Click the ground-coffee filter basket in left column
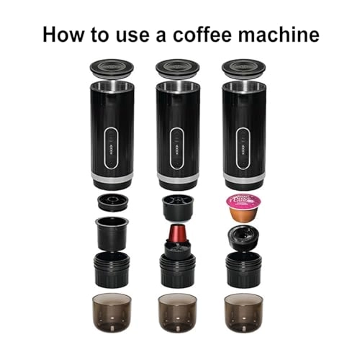click(112, 232)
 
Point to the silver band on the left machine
click(112, 176)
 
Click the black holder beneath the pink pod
click(243, 238)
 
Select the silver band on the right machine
click(243, 176)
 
